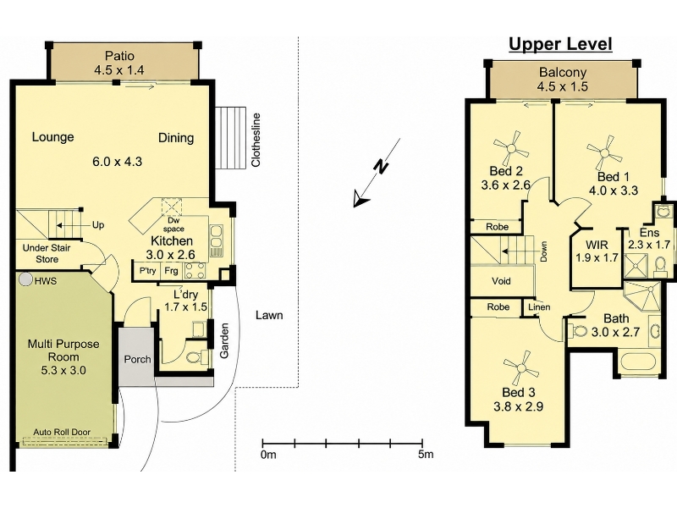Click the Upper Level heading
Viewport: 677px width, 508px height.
coord(560,44)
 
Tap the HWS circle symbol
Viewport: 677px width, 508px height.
coord(27,279)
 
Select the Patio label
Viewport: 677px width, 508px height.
coord(119,56)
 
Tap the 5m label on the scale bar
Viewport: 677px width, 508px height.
coord(426,454)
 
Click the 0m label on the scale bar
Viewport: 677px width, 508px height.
coord(268,454)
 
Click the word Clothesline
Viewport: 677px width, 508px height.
coord(256,140)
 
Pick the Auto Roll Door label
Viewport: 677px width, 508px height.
coord(62,432)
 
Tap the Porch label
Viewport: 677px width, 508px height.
coord(137,359)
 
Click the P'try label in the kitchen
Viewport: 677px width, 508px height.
coord(147,271)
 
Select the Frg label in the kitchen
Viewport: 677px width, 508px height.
coord(172,271)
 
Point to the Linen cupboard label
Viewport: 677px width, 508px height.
coord(539,306)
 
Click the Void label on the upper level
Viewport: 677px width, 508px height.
coord(501,281)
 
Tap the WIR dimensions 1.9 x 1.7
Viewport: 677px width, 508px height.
coord(597,258)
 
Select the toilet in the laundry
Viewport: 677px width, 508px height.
coord(195,356)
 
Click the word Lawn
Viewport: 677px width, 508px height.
coord(269,315)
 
